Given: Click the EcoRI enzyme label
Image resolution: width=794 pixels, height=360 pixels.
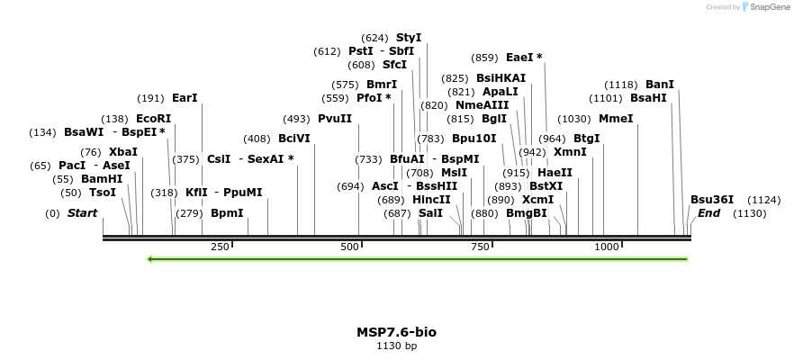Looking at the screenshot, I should (153, 119).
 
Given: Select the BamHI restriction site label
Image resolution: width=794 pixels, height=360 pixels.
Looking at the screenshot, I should (102, 179).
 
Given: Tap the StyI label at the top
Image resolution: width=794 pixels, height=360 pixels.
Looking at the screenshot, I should (409, 38).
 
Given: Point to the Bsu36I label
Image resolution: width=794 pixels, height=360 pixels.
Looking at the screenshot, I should (712, 200).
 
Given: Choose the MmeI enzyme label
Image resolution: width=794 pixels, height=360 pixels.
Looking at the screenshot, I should (616, 119).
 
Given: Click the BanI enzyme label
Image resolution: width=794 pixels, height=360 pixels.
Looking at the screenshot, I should (660, 85).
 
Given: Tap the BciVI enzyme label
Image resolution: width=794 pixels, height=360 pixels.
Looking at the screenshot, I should (294, 139).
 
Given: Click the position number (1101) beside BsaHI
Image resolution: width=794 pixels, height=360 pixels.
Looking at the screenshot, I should (606, 98).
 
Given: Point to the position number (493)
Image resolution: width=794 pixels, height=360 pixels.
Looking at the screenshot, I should (296, 119).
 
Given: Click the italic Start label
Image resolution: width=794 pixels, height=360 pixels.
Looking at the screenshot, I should (82, 213).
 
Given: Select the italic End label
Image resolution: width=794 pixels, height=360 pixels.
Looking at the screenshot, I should (709, 213).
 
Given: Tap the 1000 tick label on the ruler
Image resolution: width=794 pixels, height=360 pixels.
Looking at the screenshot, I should (606, 247).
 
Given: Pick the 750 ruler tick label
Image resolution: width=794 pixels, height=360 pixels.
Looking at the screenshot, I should (479, 247).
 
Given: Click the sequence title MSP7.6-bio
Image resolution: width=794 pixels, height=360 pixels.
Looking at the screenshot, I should (397, 332).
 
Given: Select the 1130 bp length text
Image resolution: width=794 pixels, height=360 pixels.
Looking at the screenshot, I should (397, 346).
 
